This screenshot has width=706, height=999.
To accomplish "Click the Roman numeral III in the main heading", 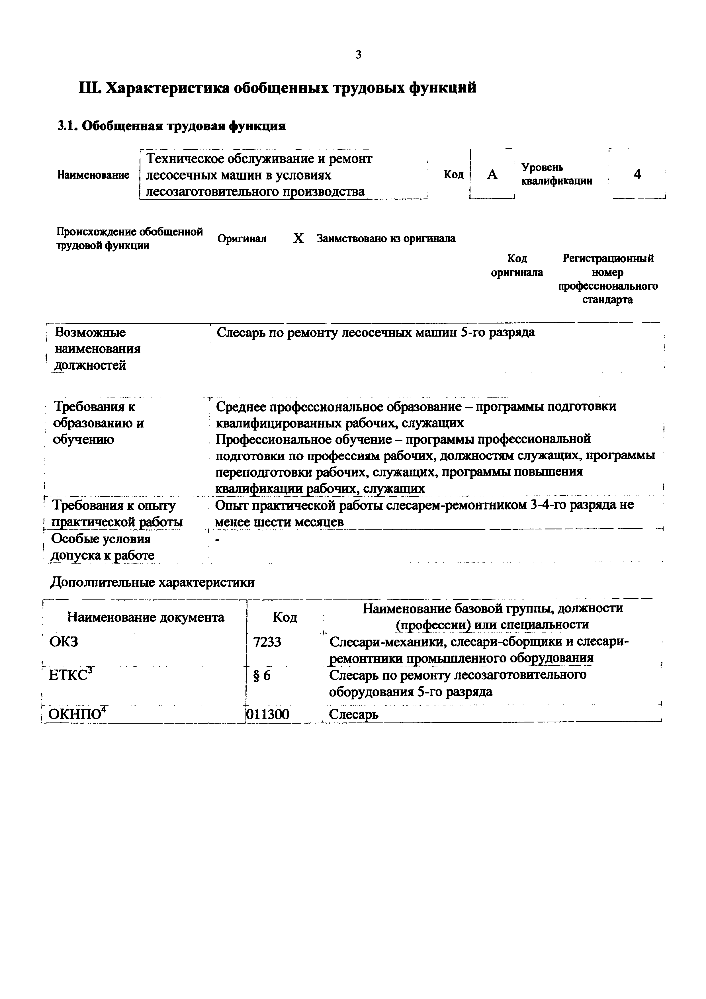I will tap(89, 88).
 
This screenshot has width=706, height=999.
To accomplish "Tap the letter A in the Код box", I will tap(492, 175).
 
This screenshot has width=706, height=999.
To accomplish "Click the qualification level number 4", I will tap(637, 175).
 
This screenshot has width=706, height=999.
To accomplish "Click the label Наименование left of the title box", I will tap(93, 175).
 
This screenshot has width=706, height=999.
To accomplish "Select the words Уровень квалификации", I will tap(556, 174).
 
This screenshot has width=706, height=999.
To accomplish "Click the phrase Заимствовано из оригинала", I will tap(386, 238).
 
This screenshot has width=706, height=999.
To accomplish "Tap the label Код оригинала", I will tap(517, 265).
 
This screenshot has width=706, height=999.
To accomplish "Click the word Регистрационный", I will tap(608, 259).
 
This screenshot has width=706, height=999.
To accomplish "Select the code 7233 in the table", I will tap(267, 642).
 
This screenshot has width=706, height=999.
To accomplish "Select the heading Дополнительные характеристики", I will tap(152, 582).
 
